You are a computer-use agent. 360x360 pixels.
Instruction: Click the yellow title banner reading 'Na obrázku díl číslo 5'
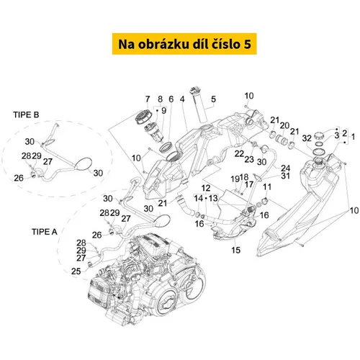tap(184, 44)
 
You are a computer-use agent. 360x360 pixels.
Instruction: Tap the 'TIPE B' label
tap(26, 114)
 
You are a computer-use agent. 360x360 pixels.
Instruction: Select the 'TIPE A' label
tap(45, 232)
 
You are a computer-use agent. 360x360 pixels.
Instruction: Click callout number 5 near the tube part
tap(213, 99)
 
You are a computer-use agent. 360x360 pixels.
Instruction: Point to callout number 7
tap(148, 99)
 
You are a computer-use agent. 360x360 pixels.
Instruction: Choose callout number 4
tap(182, 99)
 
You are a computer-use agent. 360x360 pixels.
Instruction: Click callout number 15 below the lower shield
tap(235, 250)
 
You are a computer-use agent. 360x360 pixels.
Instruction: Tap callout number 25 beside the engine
tap(76, 271)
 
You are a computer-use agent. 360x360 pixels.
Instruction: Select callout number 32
tap(307, 138)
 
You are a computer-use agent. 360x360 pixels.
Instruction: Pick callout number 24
tap(286, 168)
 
